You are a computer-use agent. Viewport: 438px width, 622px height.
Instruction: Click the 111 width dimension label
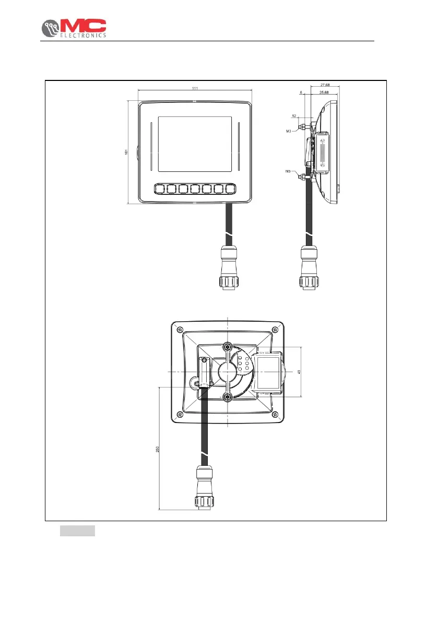pos(194,88)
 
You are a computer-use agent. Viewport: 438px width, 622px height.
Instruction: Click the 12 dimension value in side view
pos(294,115)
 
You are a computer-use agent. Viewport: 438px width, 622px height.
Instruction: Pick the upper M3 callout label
pos(288,132)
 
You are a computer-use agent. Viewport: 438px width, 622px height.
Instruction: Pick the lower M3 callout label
pos(288,171)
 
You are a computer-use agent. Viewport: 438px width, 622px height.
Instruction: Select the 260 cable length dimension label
pos(157,449)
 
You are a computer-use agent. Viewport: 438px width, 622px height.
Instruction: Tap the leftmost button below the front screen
pos(160,189)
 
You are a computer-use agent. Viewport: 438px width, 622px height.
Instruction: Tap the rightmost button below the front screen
pos(230,189)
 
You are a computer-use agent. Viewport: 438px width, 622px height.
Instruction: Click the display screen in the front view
pos(194,144)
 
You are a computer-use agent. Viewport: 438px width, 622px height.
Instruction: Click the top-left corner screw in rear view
pos(180,329)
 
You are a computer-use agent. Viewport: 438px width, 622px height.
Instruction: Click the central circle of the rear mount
pos(228,371)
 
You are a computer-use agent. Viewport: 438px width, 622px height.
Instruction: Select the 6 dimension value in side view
pos(301,92)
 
